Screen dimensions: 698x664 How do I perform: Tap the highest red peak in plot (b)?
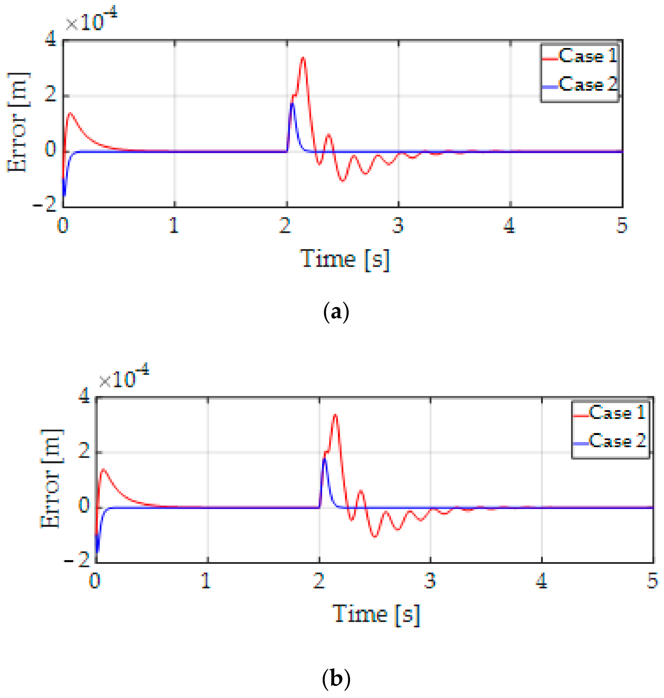[335, 415]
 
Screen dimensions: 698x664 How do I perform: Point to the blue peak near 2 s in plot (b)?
[324, 459]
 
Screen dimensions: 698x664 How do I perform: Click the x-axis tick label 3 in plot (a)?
[398, 225]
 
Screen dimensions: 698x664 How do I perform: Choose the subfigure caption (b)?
[336, 678]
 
